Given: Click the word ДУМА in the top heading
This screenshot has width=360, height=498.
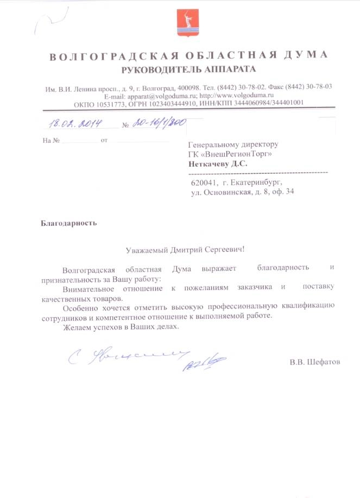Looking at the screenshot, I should pyautogui.click(x=306, y=55).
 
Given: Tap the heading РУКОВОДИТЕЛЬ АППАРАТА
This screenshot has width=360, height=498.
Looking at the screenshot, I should pyautogui.click(x=188, y=69).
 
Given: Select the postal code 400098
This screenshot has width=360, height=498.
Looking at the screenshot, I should pyautogui.click(x=188, y=87).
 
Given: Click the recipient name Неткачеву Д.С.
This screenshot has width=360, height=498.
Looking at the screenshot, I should pyautogui.click(x=218, y=163).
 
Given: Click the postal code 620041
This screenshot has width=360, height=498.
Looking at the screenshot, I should pyautogui.click(x=204, y=183).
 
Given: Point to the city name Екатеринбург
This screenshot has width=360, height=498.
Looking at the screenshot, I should pyautogui.click(x=255, y=183).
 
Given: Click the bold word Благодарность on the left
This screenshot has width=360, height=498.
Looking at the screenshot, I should pyautogui.click(x=68, y=223).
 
